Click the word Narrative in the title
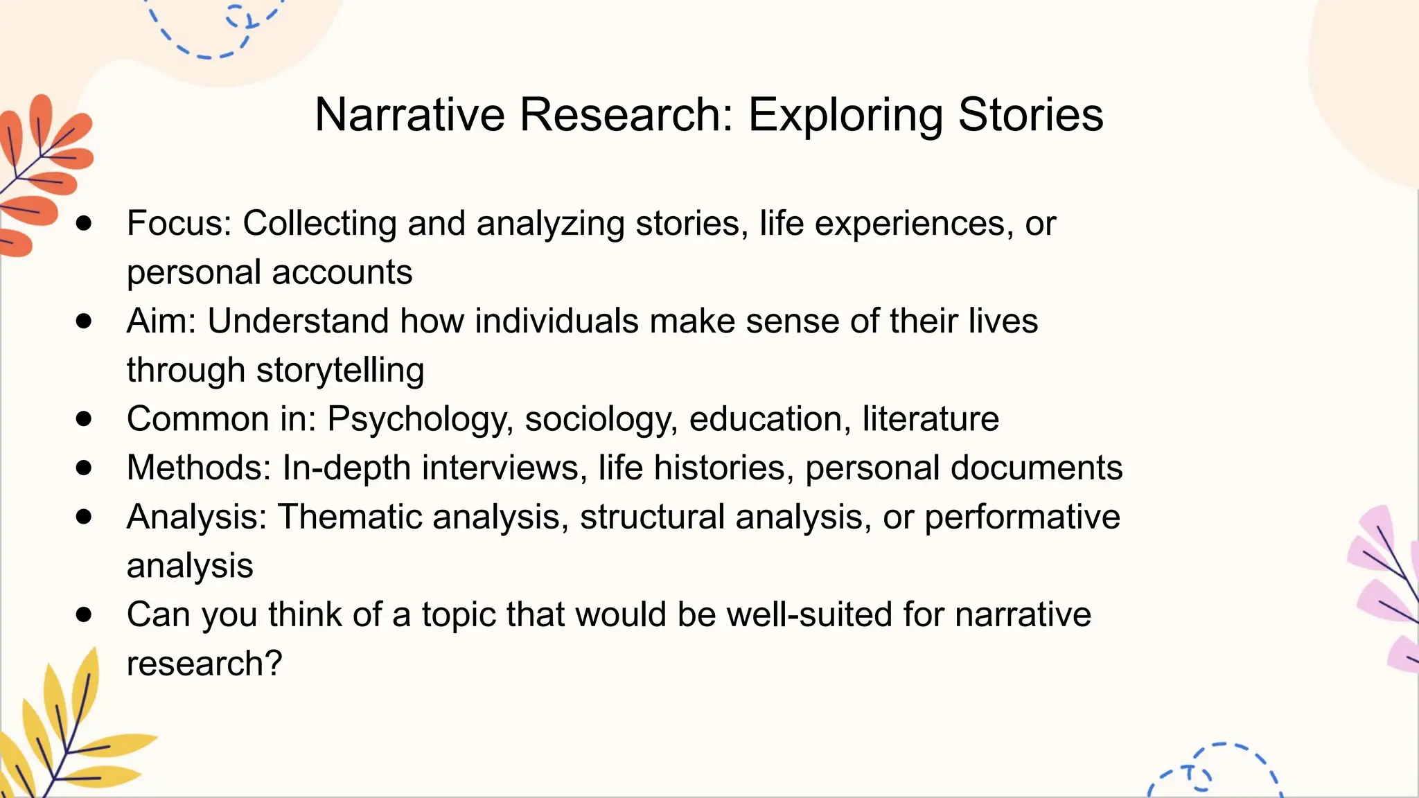[x=409, y=114]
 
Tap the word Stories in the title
[x=1030, y=114]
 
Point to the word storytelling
[x=340, y=371]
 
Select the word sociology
[x=601, y=420]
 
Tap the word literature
[x=931, y=419]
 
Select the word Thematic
[x=349, y=517]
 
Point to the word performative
[x=1022, y=517]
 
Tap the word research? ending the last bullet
[x=204, y=664]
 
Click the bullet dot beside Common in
[x=85, y=418]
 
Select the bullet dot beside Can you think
[x=85, y=614]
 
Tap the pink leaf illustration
[x=1386, y=589]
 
